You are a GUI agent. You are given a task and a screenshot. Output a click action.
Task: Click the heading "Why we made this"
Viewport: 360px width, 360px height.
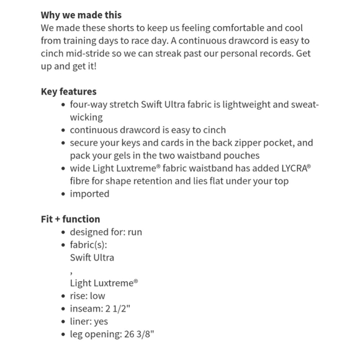click(x=81, y=15)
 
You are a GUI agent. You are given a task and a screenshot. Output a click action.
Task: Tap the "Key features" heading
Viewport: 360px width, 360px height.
click(x=69, y=91)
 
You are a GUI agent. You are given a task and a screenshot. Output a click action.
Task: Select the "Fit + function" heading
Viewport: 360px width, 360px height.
click(x=71, y=218)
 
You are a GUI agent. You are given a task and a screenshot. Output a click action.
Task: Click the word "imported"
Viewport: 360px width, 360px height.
click(x=89, y=193)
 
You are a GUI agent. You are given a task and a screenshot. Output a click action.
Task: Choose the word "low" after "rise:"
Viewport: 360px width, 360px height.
click(x=97, y=295)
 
